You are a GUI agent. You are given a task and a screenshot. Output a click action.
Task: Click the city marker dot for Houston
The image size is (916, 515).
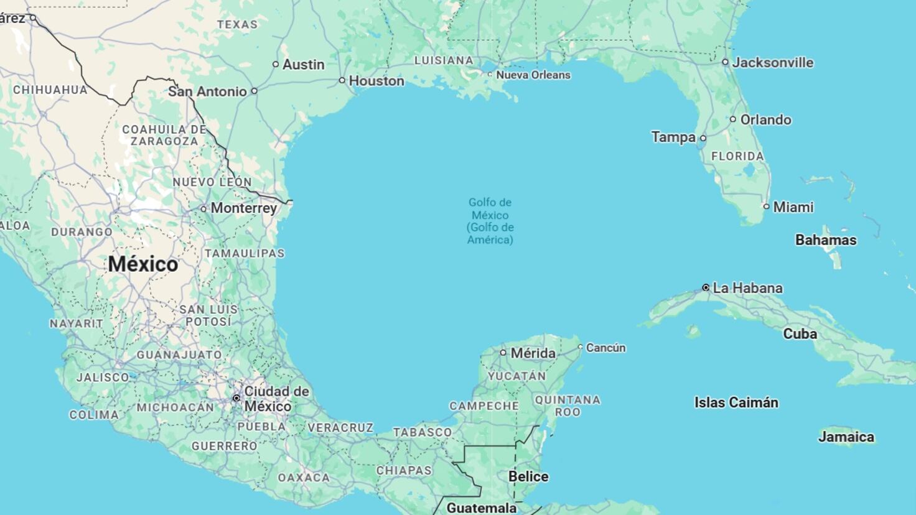(342, 80)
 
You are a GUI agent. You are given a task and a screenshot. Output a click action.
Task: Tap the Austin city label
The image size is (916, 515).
(303, 64)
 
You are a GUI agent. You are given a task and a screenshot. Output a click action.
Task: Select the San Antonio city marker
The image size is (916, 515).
(254, 91)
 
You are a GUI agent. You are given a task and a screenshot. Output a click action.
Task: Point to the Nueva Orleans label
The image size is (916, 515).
(533, 75)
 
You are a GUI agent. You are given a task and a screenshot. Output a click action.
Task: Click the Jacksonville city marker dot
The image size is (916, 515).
(725, 62)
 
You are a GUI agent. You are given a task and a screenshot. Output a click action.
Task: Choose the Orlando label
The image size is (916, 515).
(765, 119)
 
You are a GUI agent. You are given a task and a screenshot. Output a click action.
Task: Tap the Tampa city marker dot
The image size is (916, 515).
(703, 138)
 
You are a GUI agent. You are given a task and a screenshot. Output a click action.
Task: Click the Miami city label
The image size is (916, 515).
(793, 207)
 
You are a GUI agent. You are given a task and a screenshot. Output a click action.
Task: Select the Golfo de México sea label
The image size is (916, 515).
(490, 221)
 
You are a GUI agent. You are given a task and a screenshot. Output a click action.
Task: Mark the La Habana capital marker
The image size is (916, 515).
(706, 287)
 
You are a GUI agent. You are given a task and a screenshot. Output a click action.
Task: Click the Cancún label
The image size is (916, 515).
(605, 348)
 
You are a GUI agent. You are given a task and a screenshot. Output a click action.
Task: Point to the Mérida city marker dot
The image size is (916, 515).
(503, 353)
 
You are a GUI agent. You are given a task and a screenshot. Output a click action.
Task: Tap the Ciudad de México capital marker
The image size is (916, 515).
(236, 398)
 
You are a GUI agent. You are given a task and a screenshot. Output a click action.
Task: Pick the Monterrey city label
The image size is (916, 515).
(243, 208)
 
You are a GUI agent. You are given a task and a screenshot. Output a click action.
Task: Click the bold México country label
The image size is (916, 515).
(143, 264)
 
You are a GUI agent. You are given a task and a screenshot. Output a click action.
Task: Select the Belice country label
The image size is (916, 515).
(528, 476)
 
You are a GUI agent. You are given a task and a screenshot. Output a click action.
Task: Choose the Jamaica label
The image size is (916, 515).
(846, 437)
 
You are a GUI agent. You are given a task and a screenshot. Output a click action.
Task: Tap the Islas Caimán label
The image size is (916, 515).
(736, 402)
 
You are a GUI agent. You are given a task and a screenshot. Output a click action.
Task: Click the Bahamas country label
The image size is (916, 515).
(826, 239)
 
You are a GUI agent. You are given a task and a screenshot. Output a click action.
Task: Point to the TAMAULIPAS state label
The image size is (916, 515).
(245, 253)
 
